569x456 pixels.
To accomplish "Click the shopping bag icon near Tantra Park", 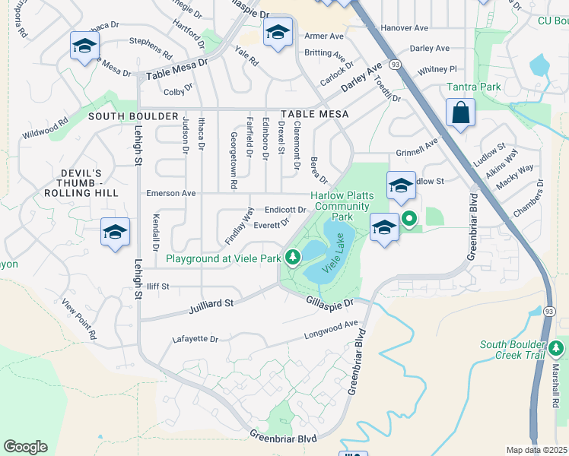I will pyautogui.click(x=460, y=113).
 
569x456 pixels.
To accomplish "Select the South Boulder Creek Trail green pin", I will pyautogui.click(x=557, y=350).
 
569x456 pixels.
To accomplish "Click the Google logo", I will pyautogui.click(x=25, y=447).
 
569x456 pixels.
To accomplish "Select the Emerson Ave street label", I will pyautogui.click(x=171, y=193).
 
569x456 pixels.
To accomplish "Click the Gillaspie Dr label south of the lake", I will pyautogui.click(x=329, y=303).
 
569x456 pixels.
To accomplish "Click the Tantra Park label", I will pyautogui.click(x=474, y=87).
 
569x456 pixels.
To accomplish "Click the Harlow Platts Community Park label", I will pyautogui.click(x=342, y=206).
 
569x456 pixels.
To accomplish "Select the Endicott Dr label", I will pyautogui.click(x=285, y=209).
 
